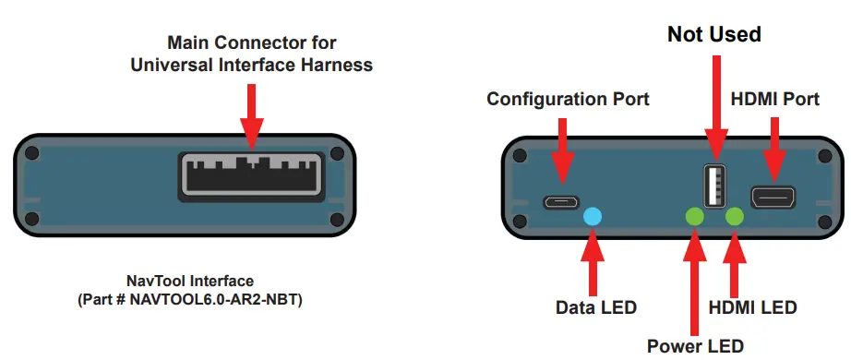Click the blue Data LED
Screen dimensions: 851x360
593,216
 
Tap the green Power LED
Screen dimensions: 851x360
694,217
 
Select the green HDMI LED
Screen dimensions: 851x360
736,217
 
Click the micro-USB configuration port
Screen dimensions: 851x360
560,201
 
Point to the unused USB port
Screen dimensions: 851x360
713,186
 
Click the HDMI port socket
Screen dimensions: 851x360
774,197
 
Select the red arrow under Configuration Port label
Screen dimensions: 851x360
560,148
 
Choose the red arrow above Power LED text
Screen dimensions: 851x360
694,277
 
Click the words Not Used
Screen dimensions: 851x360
713,35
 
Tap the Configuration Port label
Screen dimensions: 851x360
568,99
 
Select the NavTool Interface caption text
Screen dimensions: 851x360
190,280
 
